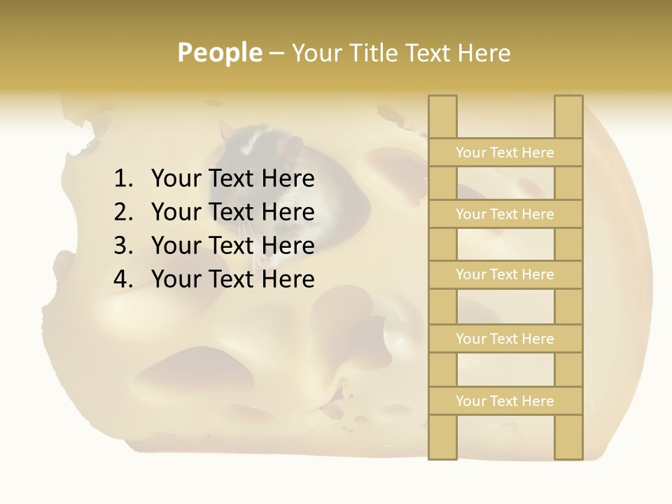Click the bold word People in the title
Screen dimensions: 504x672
click(219, 53)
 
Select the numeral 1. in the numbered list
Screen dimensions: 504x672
click(122, 179)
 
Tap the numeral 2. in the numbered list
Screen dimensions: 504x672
click(122, 212)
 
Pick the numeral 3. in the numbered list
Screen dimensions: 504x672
click(122, 246)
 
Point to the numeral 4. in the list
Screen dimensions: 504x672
click(122, 279)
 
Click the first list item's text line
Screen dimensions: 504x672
click(232, 179)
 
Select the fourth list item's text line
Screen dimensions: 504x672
click(232, 279)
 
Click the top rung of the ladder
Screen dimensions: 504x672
click(505, 153)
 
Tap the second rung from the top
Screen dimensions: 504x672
click(505, 214)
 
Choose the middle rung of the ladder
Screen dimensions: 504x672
click(505, 275)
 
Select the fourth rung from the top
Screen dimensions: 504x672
click(505, 339)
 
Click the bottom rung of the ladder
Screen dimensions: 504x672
click(505, 401)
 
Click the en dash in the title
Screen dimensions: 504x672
click(276, 54)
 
